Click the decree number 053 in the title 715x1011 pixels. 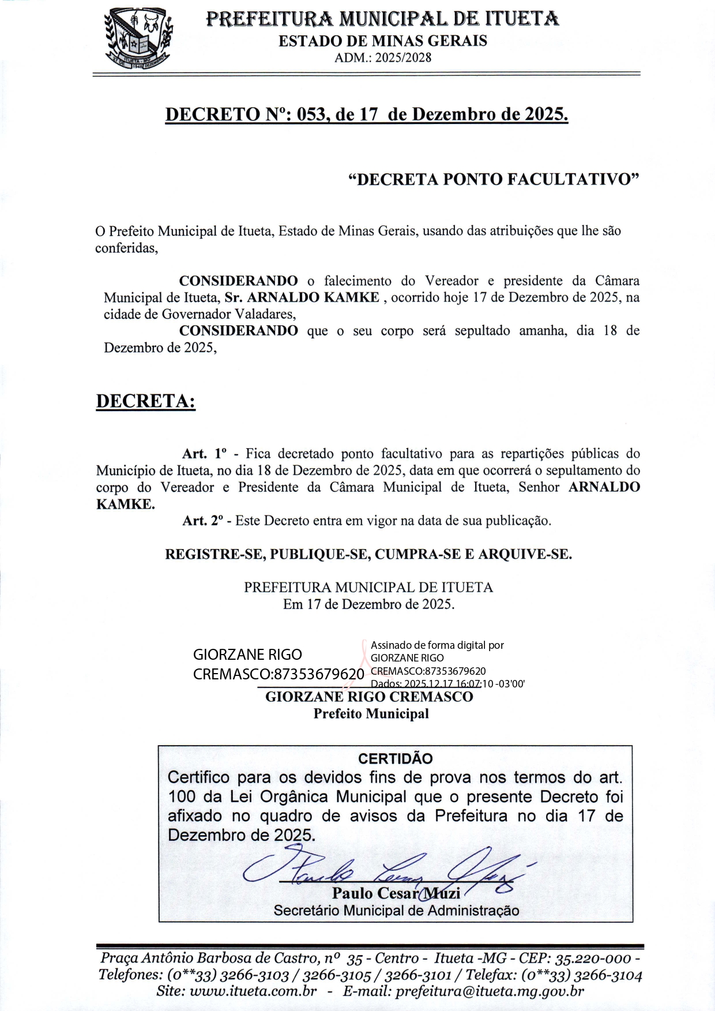coord(313,114)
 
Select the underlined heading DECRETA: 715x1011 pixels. coord(145,401)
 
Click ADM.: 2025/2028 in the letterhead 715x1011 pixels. coord(383,58)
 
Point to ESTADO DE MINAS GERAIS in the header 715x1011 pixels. coord(383,41)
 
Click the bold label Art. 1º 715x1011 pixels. coord(205,454)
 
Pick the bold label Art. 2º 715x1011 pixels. coord(202,521)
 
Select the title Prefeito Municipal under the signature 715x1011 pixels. coord(371,714)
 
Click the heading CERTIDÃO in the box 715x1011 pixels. coord(395,758)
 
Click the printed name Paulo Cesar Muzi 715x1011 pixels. coord(396,893)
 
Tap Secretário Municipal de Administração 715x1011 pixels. coord(396,911)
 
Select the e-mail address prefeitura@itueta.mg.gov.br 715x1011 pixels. coord(490,991)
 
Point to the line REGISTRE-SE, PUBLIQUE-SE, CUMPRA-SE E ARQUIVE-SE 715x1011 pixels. coord(368,554)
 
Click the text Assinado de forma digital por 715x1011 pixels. coord(437,645)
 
